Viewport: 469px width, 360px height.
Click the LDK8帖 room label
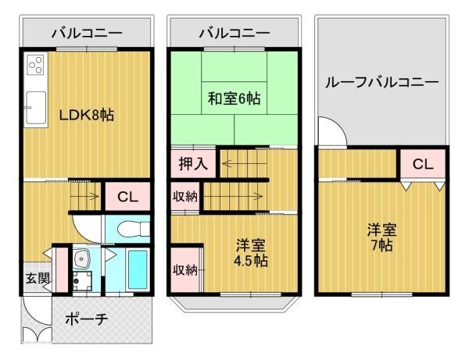click(x=87, y=116)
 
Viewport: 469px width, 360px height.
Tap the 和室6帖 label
click(x=233, y=100)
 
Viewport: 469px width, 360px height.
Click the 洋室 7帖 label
click(x=382, y=237)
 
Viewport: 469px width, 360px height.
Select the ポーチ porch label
click(x=86, y=319)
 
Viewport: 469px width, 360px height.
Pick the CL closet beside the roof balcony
click(x=423, y=164)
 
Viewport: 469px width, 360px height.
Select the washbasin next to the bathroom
click(x=81, y=261)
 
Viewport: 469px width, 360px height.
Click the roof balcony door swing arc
click(x=331, y=131)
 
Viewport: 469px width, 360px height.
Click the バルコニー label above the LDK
click(x=86, y=34)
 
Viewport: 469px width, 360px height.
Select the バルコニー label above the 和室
click(x=233, y=34)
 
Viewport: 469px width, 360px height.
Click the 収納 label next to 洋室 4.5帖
click(x=184, y=270)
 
